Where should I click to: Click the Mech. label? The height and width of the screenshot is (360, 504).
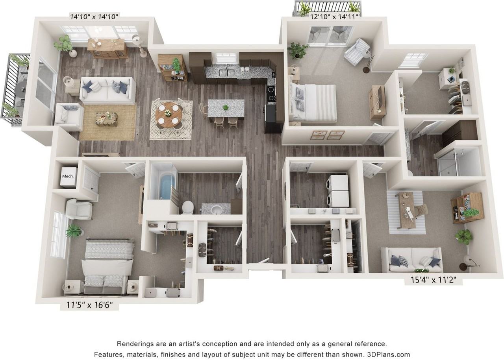coord(68,176)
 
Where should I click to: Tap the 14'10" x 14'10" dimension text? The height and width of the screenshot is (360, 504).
coord(94,17)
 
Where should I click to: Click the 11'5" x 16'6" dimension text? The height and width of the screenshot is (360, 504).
coord(89,305)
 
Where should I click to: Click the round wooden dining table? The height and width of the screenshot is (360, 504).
coord(169,114)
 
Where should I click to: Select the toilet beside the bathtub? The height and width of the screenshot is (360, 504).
coord(187,207)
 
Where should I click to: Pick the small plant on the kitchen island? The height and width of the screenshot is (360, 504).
coord(226,107)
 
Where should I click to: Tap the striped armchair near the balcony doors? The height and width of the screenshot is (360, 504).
coord(357,52)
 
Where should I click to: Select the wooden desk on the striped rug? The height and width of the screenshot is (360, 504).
coord(406,210)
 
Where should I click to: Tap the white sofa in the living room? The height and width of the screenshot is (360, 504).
coord(107,90)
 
